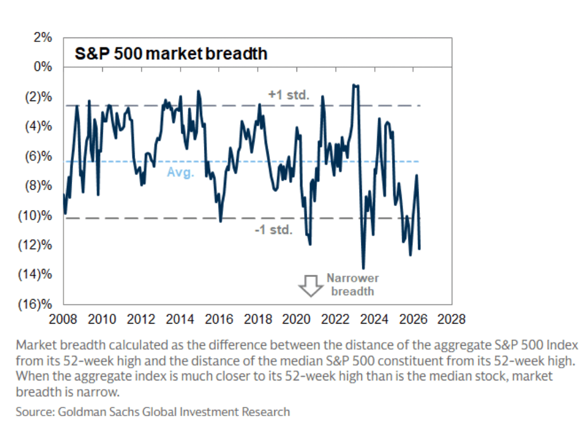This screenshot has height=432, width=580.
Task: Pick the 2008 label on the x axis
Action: coord(64,319)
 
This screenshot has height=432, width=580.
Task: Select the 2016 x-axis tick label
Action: coord(219,319)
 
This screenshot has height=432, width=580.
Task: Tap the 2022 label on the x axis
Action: coord(335,319)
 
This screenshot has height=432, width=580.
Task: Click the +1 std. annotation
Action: coord(289,95)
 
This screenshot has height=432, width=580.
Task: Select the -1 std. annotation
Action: coord(273,230)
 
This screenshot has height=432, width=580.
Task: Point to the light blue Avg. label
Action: coord(181,173)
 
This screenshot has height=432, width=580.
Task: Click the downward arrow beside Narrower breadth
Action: coord(311,286)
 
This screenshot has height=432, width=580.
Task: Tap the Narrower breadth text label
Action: coord(352,285)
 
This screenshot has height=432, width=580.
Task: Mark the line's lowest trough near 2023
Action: coord(363,268)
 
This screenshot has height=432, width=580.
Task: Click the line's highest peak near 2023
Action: coord(354,85)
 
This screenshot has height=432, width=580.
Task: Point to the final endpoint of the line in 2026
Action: coord(419,249)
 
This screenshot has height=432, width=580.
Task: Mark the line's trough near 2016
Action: coord(220,220)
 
